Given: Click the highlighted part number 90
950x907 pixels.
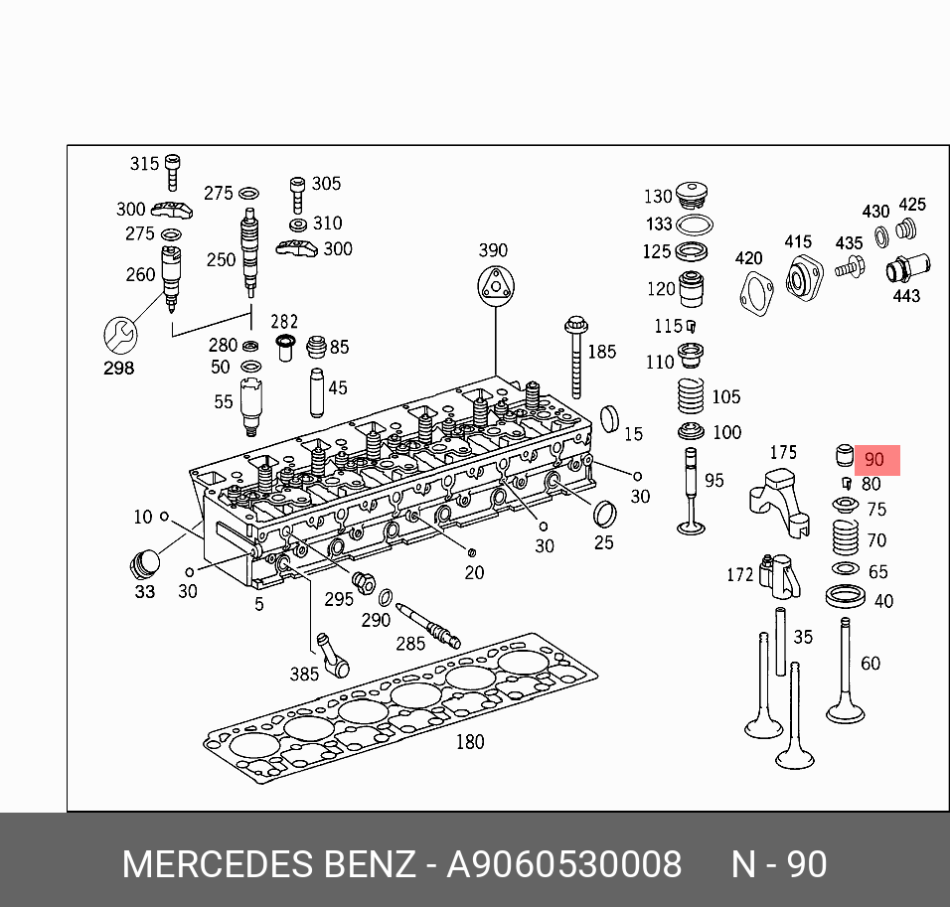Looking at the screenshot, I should [874, 460].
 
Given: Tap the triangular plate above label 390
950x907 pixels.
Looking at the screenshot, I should [494, 286].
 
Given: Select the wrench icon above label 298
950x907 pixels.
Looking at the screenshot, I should [119, 334].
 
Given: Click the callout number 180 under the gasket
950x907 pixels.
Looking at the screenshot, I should [469, 742].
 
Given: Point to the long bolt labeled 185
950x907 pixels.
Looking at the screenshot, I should [576, 358].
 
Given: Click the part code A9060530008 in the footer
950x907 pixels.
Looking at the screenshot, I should [563, 864].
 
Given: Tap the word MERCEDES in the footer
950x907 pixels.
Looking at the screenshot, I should [216, 864].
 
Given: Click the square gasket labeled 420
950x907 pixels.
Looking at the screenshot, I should [756, 290].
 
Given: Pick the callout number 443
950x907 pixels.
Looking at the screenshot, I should [906, 295].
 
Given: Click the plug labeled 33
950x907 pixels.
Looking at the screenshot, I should [145, 563].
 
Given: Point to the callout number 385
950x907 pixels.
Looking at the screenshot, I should [304, 674].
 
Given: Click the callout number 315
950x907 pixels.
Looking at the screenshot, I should [144, 163].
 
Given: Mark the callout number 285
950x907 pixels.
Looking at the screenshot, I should [410, 643].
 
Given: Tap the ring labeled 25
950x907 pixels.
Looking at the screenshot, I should [604, 516].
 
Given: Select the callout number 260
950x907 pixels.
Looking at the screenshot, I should [140, 274].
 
